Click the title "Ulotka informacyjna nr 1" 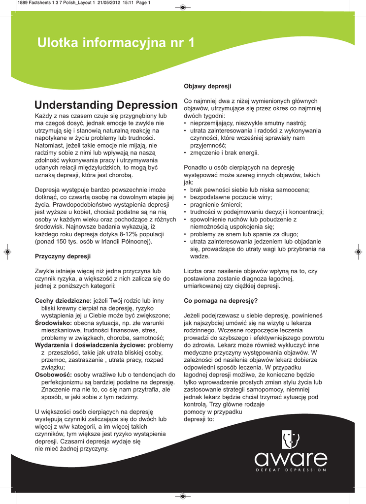pyautogui.click(x=116, y=43)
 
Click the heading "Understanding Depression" pyautogui.click(x=106, y=105)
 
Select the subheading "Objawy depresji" pyautogui.click(x=207, y=86)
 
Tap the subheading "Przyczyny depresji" pyautogui.click(x=63, y=256)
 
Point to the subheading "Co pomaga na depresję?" pyautogui.click(x=221, y=300)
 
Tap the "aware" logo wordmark pyautogui.click(x=291, y=461)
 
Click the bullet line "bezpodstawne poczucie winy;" pyautogui.click(x=231, y=197)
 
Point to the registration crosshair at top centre pyautogui.click(x=183, y=7)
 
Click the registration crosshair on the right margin pyautogui.click(x=358, y=252)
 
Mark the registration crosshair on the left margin pyautogui.click(x=7, y=252)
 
